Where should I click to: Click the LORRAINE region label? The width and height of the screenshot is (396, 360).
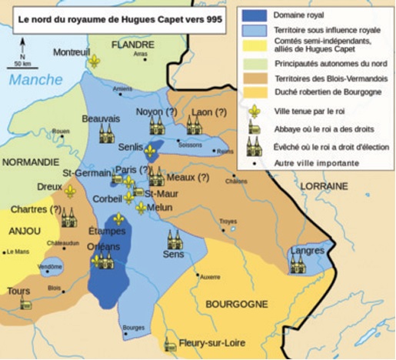[345, 186]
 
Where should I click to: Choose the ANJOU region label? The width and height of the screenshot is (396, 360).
[25, 229]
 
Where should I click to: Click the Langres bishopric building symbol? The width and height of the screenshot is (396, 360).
[298, 263]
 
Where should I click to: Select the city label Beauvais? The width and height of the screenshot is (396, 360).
[101, 119]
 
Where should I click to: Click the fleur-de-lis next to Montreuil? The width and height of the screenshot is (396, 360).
[95, 61]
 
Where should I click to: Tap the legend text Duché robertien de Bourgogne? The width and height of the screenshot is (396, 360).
[325, 93]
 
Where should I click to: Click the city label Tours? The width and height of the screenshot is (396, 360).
[18, 292]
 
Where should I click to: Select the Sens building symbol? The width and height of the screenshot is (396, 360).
[174, 240]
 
